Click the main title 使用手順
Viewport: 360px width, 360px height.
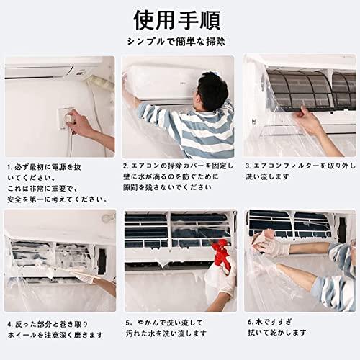point(177,20)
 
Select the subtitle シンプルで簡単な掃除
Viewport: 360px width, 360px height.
point(176,42)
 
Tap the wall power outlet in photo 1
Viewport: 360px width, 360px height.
point(66,118)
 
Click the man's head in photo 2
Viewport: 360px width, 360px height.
point(210,91)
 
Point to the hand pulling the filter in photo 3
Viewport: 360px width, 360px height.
point(308,120)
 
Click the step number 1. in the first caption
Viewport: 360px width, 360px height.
point(10,167)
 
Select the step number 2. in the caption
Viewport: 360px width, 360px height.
point(126,166)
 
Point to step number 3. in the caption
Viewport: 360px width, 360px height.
point(248,166)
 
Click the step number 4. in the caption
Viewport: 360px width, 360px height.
point(10,324)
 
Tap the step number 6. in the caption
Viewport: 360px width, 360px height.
point(251,322)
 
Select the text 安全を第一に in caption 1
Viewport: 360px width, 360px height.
point(26,199)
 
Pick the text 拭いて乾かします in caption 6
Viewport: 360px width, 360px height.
point(277,333)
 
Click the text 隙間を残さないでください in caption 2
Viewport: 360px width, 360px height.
point(167,187)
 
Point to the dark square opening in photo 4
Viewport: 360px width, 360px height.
point(102,261)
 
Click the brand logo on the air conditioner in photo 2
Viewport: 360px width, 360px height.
point(183,83)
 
